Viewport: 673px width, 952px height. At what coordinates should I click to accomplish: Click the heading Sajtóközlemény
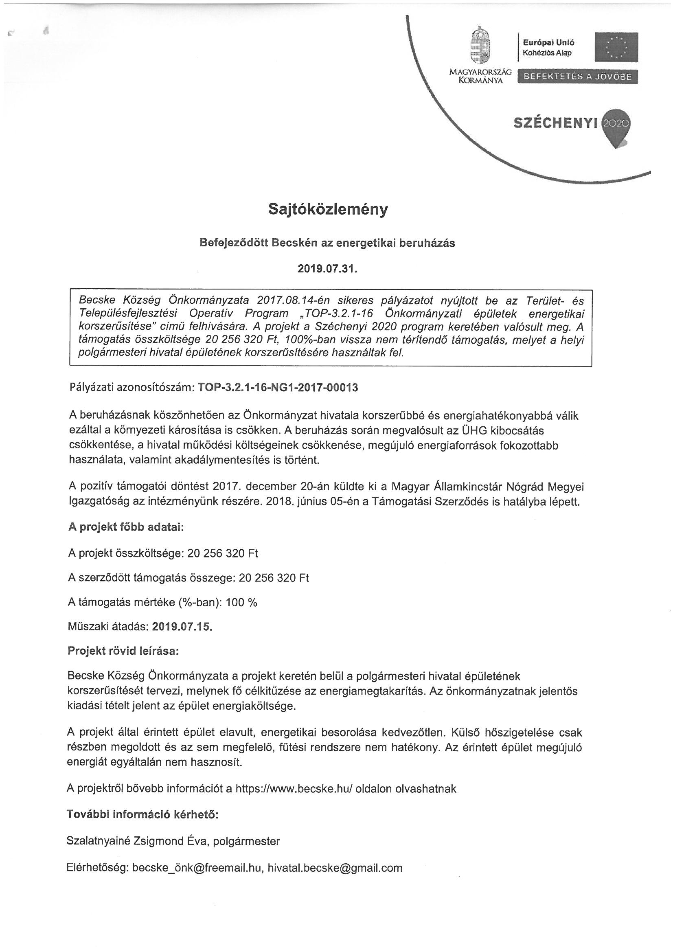(328, 209)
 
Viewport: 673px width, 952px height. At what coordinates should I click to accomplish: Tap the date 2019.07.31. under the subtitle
(327, 269)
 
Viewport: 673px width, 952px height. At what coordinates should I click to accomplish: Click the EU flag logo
(616, 47)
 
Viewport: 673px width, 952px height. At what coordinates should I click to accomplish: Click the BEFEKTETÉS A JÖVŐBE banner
(578, 77)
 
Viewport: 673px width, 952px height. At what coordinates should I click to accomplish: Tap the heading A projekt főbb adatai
(126, 528)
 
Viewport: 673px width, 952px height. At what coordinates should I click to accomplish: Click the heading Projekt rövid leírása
(123, 651)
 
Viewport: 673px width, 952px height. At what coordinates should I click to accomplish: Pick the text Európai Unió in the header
(548, 42)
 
